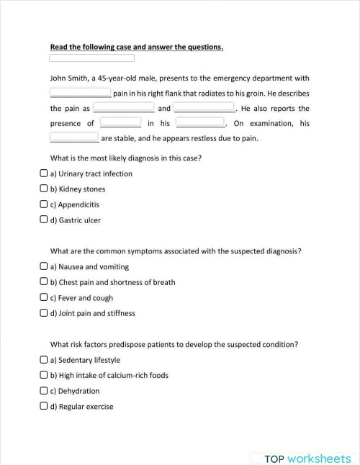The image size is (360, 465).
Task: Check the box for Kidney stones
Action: [x=44, y=189]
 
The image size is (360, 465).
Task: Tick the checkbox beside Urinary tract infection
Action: [x=44, y=173]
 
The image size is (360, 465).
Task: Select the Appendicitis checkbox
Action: [x=44, y=204]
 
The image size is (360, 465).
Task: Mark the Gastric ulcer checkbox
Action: [x=44, y=220]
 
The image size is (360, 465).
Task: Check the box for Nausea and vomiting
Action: [x=44, y=266]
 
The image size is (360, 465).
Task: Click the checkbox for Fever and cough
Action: [x=44, y=297]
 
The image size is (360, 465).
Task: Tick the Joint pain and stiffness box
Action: [x=44, y=313]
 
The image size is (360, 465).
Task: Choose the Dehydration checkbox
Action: [x=44, y=391]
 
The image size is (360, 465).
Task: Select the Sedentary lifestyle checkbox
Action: [x=44, y=360]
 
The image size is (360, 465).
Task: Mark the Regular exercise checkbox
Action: [x=44, y=406]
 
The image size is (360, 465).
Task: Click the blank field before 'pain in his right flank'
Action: [x=80, y=92]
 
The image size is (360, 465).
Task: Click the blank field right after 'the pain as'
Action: [x=124, y=107]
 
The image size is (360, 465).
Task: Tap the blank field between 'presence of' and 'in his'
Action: [x=120, y=122]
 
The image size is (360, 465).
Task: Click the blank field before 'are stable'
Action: [x=74, y=137]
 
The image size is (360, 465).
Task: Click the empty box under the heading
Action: [x=91, y=58]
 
